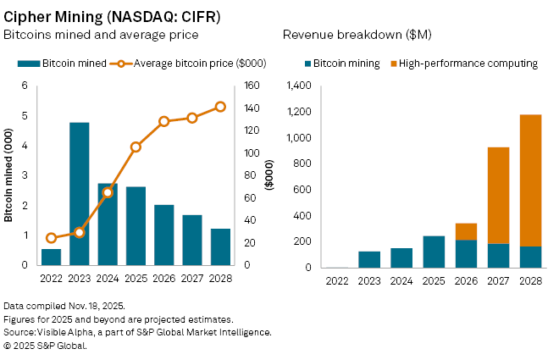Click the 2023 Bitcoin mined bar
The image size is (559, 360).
coord(80,194)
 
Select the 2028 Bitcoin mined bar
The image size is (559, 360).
coord(220,246)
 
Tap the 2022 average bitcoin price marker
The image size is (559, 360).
coord(51,238)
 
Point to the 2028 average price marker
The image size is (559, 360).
coord(220,107)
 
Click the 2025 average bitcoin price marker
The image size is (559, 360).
coord(136,147)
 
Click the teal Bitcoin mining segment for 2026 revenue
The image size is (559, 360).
coord(466,253)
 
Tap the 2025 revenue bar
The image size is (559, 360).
coord(434,252)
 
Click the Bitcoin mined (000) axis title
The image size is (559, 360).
coord(8,175)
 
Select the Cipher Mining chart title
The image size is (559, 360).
coord(112,15)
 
